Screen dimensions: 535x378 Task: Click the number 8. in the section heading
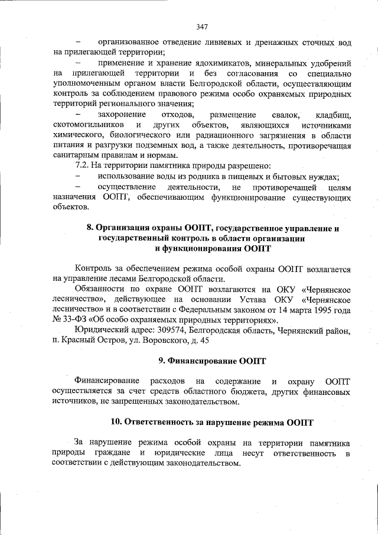click(90, 228)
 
